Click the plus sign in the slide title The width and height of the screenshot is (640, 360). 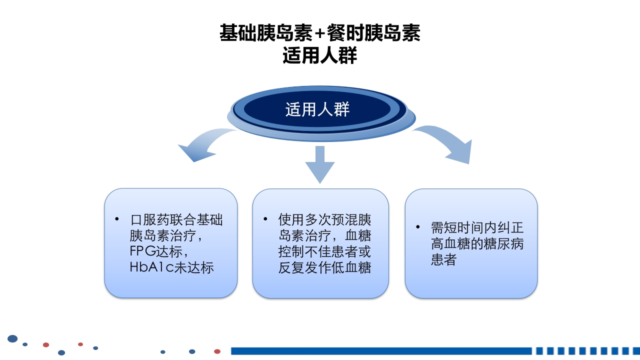pos(320,34)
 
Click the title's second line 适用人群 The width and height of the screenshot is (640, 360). pos(320,55)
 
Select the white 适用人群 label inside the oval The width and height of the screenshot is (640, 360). pos(317,109)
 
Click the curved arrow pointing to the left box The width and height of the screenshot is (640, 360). pos(202,145)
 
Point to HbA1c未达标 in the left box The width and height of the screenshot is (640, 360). pos(171,267)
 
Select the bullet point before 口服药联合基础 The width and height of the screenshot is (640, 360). pos(116,219)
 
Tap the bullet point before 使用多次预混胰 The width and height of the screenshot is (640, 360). pos(265,219)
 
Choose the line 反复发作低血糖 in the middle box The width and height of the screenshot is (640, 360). pos(324,267)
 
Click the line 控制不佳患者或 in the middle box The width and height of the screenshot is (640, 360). pos(324,251)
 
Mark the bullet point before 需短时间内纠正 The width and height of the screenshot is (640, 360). pos(418,227)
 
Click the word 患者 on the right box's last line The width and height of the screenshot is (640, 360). pos(443,260)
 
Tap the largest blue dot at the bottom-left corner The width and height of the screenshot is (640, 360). pos(12,339)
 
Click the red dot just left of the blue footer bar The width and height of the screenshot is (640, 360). pos(217,351)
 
